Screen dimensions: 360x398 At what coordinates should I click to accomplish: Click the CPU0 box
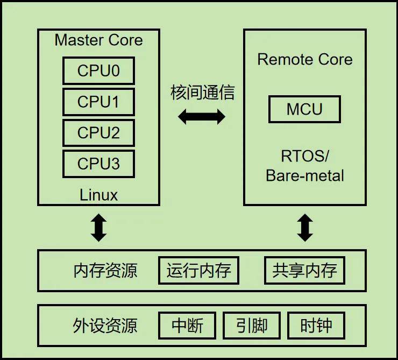[98, 71]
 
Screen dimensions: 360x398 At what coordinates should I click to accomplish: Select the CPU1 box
[98, 102]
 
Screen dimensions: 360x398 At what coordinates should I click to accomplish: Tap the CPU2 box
[98, 133]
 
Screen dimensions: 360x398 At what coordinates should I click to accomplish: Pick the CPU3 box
[98, 164]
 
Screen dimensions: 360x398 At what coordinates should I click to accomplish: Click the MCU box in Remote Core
[304, 109]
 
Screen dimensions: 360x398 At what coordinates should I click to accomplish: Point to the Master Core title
[98, 40]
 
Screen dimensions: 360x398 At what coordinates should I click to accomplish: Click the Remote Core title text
[305, 60]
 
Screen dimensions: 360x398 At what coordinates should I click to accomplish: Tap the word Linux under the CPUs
[98, 194]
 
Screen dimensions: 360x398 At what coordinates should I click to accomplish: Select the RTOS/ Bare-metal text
[305, 166]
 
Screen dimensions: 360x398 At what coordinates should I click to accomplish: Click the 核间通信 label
[202, 93]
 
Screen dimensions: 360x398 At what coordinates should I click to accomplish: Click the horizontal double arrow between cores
[202, 116]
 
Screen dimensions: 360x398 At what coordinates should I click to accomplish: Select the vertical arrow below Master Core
[98, 227]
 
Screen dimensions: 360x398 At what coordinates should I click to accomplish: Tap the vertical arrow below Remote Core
[305, 227]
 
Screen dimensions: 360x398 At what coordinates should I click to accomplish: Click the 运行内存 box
[198, 271]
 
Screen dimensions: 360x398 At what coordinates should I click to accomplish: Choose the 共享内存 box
[304, 271]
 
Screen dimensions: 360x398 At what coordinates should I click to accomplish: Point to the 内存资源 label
[105, 271]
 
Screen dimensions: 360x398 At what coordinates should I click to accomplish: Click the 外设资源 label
[105, 326]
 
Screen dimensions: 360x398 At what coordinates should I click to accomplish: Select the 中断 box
[187, 326]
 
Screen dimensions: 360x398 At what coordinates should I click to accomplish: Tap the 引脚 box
[252, 326]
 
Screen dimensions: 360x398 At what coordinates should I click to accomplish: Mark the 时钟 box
[316, 326]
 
